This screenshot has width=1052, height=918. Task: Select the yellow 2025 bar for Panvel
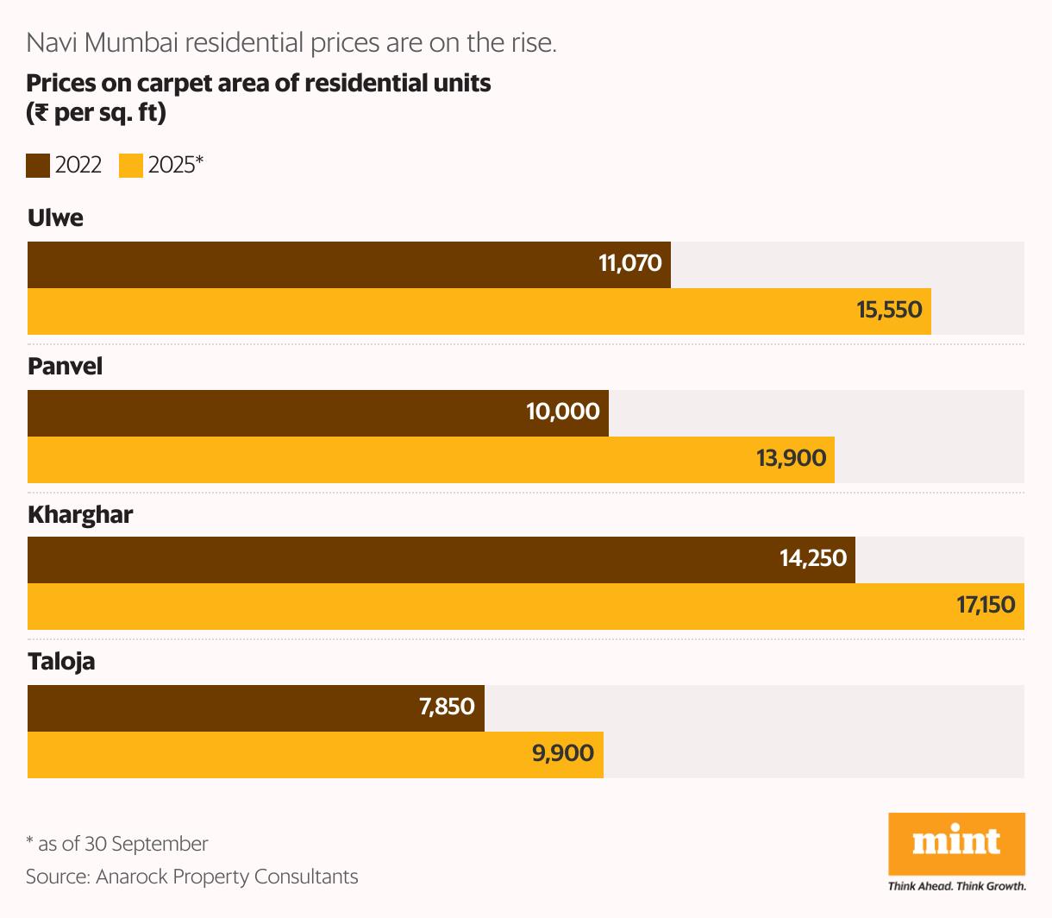[431, 459]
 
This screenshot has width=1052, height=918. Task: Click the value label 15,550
[889, 310]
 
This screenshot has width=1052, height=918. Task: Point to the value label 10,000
[563, 412]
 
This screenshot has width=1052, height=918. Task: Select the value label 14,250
[813, 558]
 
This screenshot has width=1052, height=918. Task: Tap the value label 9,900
[563, 753]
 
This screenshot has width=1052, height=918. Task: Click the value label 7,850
[447, 707]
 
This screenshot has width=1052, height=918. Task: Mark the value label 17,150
[986, 605]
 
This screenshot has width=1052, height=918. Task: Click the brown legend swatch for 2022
[38, 166]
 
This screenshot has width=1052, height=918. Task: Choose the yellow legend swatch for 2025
[131, 166]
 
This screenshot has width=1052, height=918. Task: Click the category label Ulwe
[56, 217]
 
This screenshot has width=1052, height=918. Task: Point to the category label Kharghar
[80, 515]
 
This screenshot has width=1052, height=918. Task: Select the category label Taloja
[61, 662]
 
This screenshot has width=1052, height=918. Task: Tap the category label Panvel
[65, 367]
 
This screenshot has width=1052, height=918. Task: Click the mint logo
[956, 843]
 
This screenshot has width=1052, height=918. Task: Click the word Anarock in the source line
[132, 877]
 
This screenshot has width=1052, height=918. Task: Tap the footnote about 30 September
[117, 844]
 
